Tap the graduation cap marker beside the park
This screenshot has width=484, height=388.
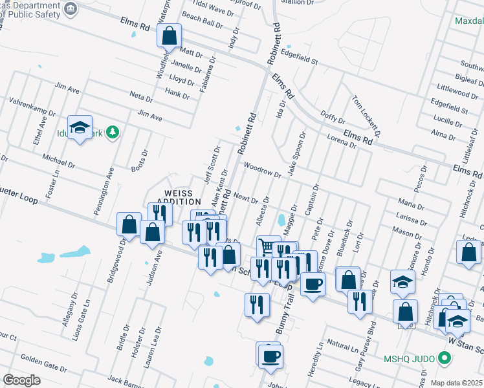point(80,127)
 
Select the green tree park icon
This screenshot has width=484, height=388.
point(113,132)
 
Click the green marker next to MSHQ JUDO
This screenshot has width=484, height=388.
point(443,358)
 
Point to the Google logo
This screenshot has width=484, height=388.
point(22,380)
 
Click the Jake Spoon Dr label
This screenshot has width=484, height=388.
point(296,154)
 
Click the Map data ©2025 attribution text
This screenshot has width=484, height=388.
point(456,383)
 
